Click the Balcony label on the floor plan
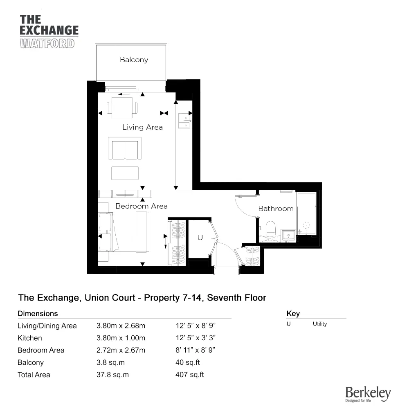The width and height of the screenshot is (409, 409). point(134,60)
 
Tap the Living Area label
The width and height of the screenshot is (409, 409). point(142,127)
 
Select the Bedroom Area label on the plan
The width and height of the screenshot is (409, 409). point(142,206)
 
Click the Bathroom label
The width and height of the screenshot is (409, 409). point(276,209)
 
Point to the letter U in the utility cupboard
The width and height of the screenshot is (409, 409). point(200,237)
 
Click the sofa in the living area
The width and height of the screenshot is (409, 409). point(125,148)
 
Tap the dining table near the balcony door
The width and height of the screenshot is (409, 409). point(122,108)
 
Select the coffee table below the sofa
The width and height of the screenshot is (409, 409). point(125,173)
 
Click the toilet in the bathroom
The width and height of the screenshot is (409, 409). point(270,228)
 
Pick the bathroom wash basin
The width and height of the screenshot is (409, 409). point(288,235)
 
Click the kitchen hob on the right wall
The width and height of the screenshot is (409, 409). point(184,121)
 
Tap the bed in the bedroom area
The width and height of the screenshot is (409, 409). point(124,232)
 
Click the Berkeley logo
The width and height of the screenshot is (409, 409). point(368,394)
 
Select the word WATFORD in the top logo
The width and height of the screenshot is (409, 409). point(47,44)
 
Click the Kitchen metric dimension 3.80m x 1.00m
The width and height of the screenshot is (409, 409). point(121,338)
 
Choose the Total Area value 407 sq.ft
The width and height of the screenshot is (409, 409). point(190,375)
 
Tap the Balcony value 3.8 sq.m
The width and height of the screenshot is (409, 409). point(110,362)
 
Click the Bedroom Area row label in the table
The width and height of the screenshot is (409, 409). point(41,351)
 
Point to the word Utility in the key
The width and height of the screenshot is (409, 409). point(320,324)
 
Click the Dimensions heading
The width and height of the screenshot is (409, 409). point(38,314)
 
